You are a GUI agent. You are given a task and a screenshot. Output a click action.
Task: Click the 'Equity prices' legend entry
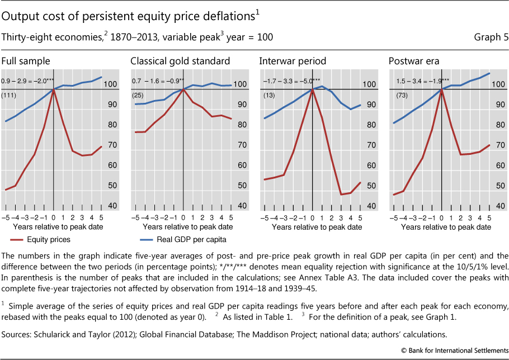point(50,240)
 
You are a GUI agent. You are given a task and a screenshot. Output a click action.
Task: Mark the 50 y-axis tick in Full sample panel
point(111,186)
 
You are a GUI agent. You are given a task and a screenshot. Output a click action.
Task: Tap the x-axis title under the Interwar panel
point(317,228)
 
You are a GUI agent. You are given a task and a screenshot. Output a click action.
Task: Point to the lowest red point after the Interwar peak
point(341,195)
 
